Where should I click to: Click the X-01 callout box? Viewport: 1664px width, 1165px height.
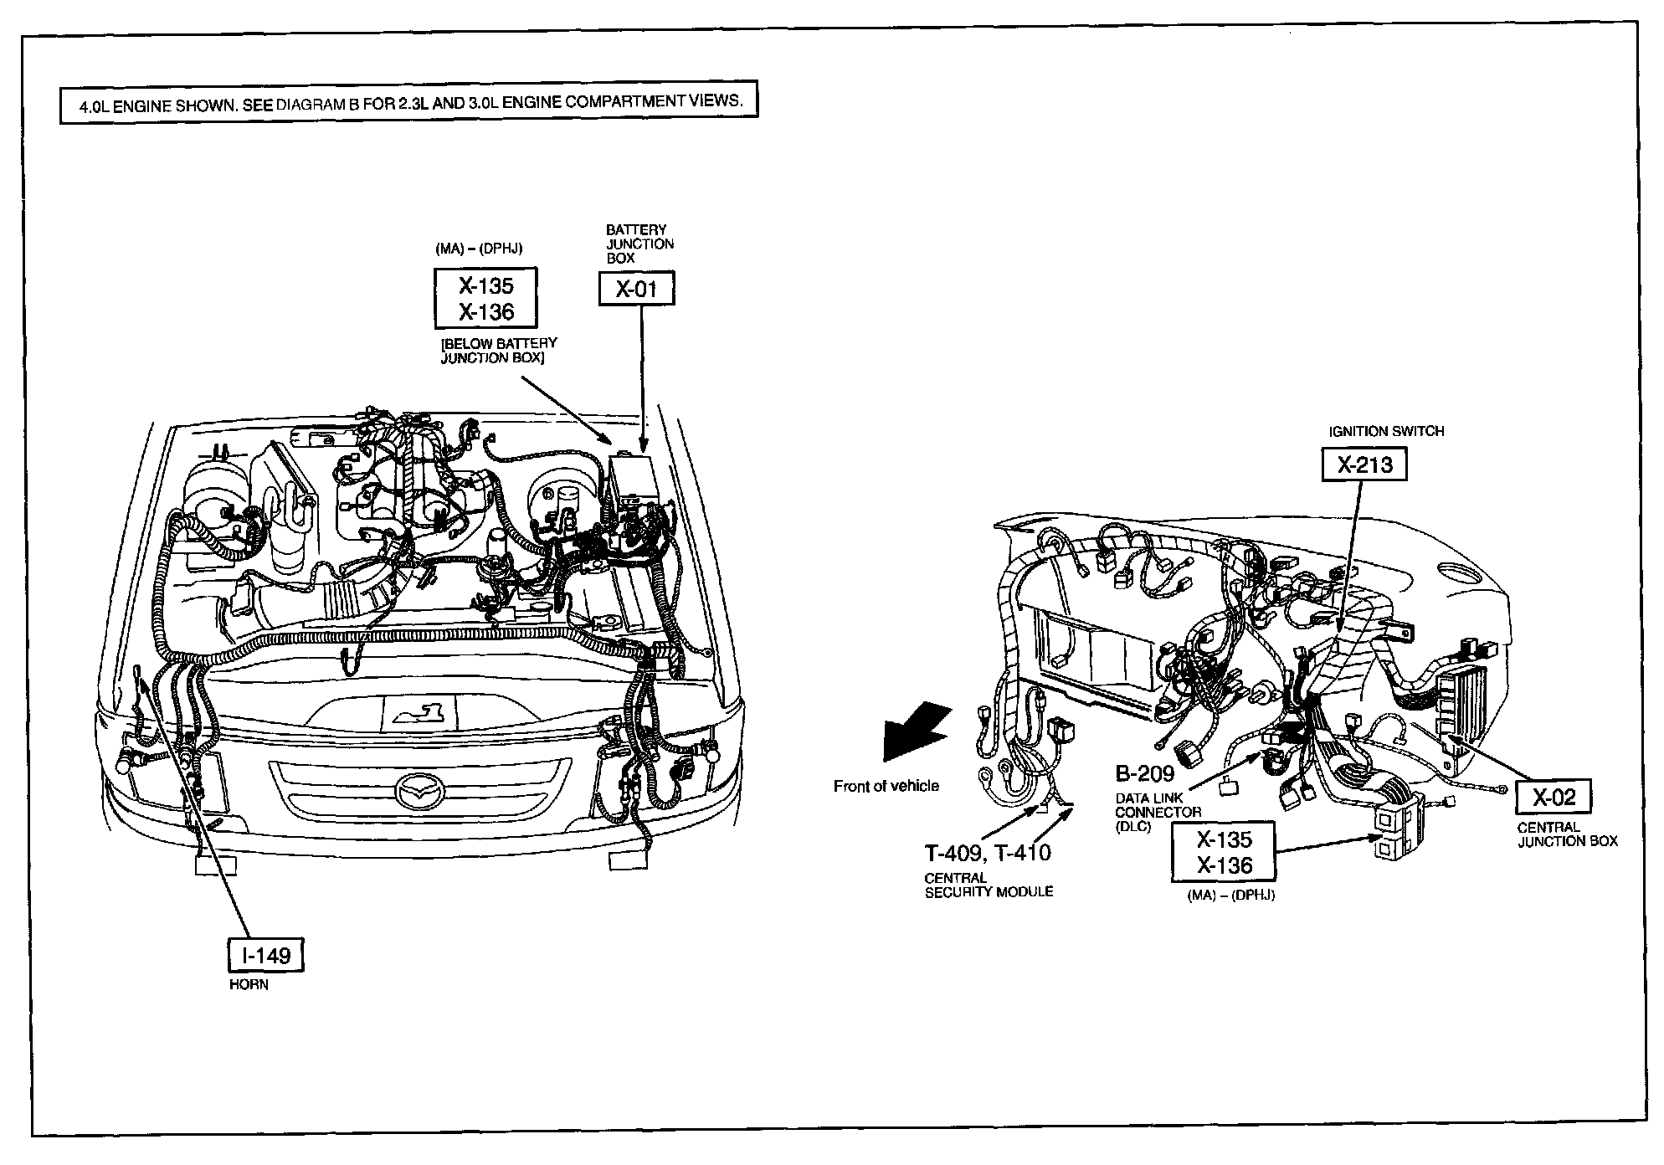tap(636, 290)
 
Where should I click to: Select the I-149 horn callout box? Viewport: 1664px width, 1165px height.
tap(266, 955)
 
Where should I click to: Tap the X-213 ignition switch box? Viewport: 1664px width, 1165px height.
tap(1364, 464)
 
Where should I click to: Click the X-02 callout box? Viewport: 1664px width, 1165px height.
tap(1554, 797)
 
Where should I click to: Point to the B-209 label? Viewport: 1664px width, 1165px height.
tap(1145, 772)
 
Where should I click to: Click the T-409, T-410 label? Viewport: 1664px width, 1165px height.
tap(988, 853)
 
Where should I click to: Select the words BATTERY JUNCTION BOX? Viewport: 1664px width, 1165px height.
tap(639, 244)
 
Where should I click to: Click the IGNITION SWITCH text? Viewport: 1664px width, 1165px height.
tap(1386, 432)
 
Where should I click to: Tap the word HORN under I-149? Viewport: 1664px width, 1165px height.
tap(249, 985)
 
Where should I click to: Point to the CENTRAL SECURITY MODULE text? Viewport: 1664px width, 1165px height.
tap(988, 885)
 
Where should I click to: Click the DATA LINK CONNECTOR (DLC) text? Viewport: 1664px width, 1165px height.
tap(1158, 812)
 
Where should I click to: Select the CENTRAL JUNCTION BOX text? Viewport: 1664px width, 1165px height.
tap(1567, 834)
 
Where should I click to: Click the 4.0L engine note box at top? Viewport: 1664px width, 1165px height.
tap(408, 102)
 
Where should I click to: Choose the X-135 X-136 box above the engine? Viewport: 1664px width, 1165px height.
tap(485, 298)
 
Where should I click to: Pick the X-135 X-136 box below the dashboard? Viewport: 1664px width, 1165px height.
tap(1224, 852)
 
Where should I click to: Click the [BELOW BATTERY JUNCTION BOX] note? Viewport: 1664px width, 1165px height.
tap(498, 351)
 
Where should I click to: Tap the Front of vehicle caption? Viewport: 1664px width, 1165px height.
tap(886, 786)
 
